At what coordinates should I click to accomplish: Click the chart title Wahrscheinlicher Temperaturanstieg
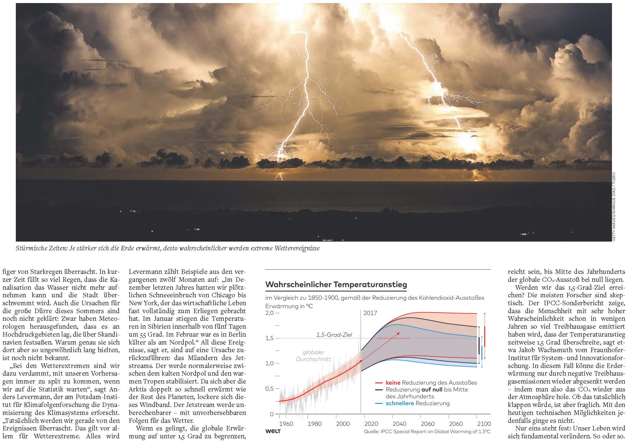pos(336,285)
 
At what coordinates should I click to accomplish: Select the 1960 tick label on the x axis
pos(286,424)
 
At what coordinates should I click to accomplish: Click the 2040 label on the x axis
pos(399,424)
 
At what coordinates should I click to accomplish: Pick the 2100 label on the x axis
pos(484,424)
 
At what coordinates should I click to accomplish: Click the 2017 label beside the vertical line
pos(370,313)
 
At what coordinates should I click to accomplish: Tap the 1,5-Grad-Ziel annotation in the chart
pos(334,334)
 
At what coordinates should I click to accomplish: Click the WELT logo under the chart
pos(273,431)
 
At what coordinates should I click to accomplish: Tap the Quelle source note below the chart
pos(427,432)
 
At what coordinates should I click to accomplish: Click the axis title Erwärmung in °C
pos(289,306)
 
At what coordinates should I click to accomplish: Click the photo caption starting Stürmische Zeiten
pos(168,248)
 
